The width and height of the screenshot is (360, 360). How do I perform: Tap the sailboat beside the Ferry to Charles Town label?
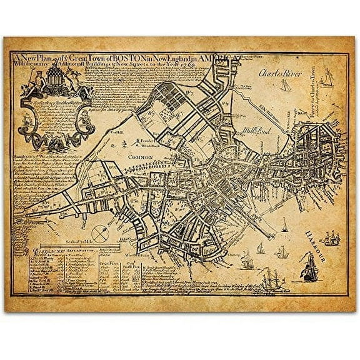tap(324, 78)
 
